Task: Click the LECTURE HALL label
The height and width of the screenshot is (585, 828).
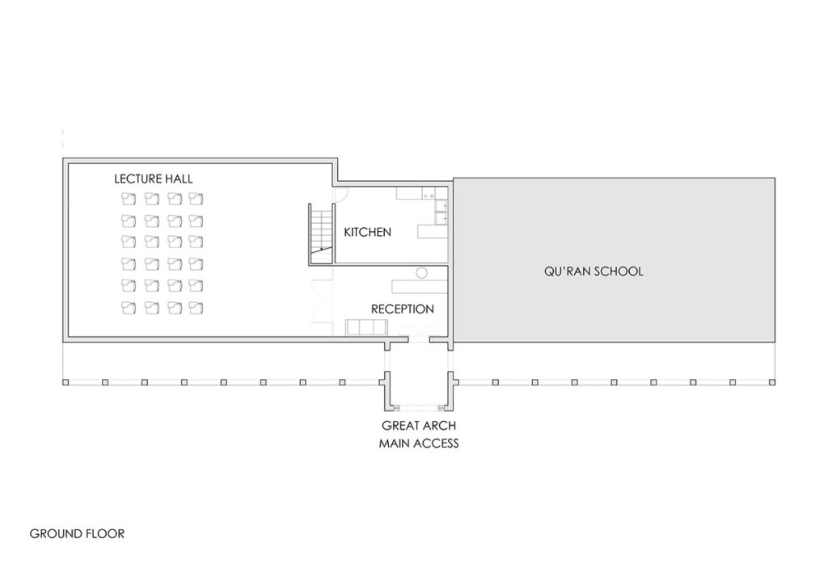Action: [x=154, y=178]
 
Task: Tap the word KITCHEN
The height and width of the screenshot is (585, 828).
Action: [x=367, y=233]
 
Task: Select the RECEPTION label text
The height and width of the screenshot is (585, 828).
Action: [x=402, y=309]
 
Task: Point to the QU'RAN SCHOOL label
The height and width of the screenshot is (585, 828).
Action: [x=594, y=271]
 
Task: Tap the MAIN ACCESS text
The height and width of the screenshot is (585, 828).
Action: [x=419, y=443]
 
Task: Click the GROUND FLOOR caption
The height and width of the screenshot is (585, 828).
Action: [x=77, y=534]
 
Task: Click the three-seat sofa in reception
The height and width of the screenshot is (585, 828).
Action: [x=367, y=326]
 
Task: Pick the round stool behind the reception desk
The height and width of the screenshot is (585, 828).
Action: [x=420, y=273]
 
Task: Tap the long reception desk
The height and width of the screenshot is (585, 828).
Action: [x=420, y=285]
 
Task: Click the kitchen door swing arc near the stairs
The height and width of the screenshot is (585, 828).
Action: [x=341, y=194]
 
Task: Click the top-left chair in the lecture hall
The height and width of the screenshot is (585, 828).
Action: [x=129, y=198]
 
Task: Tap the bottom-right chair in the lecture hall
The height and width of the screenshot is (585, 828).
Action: [x=195, y=307]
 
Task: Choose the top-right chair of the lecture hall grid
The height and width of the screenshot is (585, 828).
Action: [x=195, y=198]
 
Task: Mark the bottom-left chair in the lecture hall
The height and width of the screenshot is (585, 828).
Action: [x=129, y=307]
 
